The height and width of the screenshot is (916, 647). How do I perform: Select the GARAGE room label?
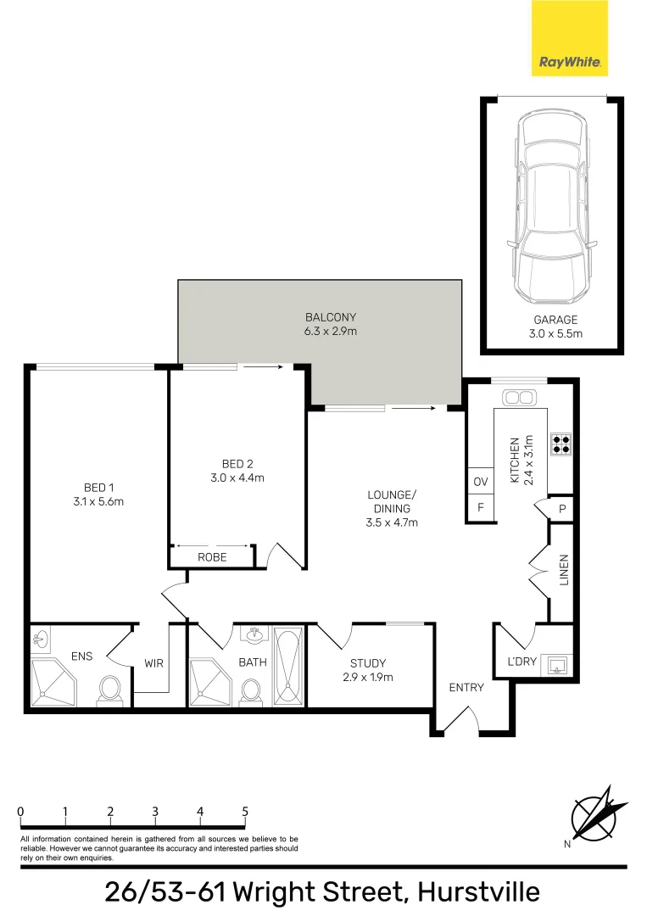pos(555,320)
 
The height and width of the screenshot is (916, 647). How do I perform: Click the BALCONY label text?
pos(331,318)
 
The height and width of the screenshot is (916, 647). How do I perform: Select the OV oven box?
pos(481,482)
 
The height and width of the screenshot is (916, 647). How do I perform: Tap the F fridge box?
pos(481,508)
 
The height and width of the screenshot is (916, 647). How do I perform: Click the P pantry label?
pos(562,509)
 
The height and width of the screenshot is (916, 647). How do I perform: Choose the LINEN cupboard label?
pos(564,570)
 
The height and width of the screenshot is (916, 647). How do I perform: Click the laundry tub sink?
pos(557,662)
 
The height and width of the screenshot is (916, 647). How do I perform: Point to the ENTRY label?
pos(466,687)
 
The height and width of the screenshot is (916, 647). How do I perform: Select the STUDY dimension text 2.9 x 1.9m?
pos(367,677)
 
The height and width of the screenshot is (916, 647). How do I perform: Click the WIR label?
pos(153,664)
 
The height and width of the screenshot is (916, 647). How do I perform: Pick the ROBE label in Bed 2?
pos(211,557)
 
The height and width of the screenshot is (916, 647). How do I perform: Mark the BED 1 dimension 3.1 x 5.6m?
pos(99,500)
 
